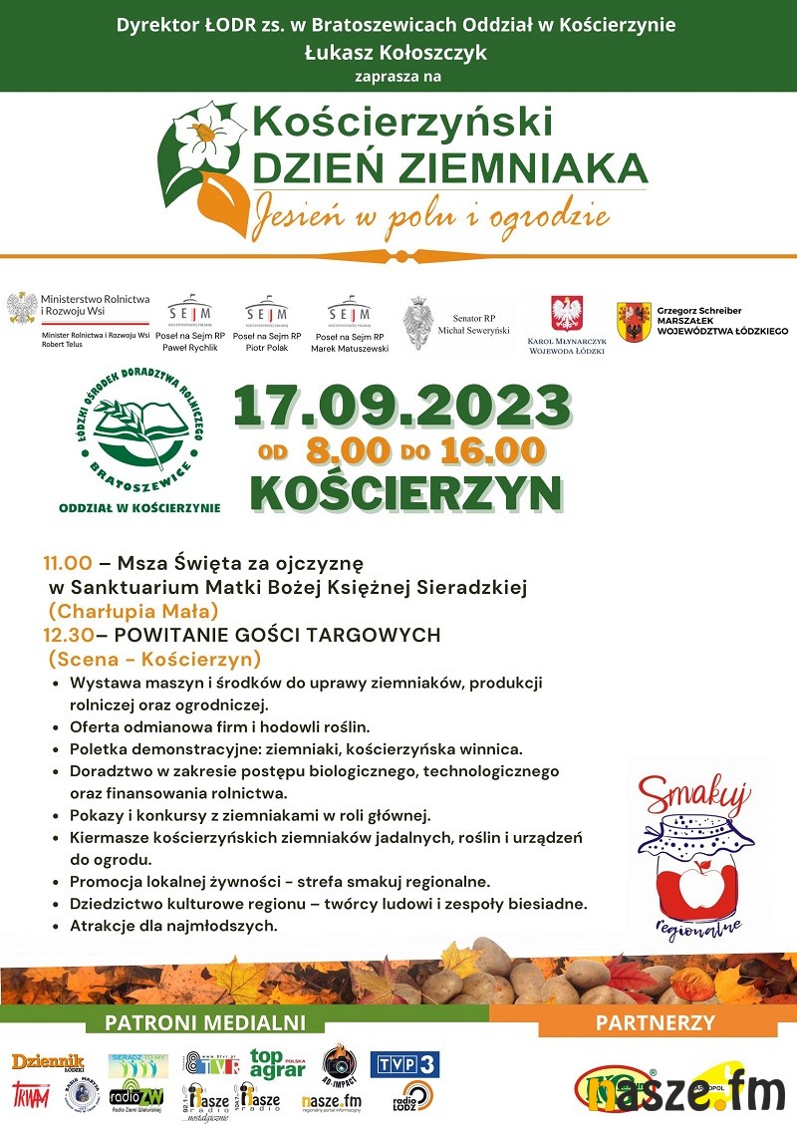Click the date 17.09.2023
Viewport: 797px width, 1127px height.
pyautogui.click(x=401, y=407)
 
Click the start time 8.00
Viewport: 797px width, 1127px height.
pyautogui.click(x=348, y=450)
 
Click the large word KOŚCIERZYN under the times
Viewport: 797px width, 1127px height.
pyautogui.click(x=405, y=491)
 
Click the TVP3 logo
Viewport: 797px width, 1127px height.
pyautogui.click(x=404, y=1064)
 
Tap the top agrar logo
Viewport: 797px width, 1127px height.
pyautogui.click(x=277, y=1064)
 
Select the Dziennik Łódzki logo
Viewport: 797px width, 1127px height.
pyautogui.click(x=48, y=1062)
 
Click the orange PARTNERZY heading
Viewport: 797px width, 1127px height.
pyautogui.click(x=655, y=1022)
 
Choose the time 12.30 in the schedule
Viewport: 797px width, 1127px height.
pyautogui.click(x=68, y=635)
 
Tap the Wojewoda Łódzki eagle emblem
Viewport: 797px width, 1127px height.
pyautogui.click(x=566, y=314)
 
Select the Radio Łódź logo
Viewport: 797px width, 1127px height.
pyautogui.click(x=416, y=1096)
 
